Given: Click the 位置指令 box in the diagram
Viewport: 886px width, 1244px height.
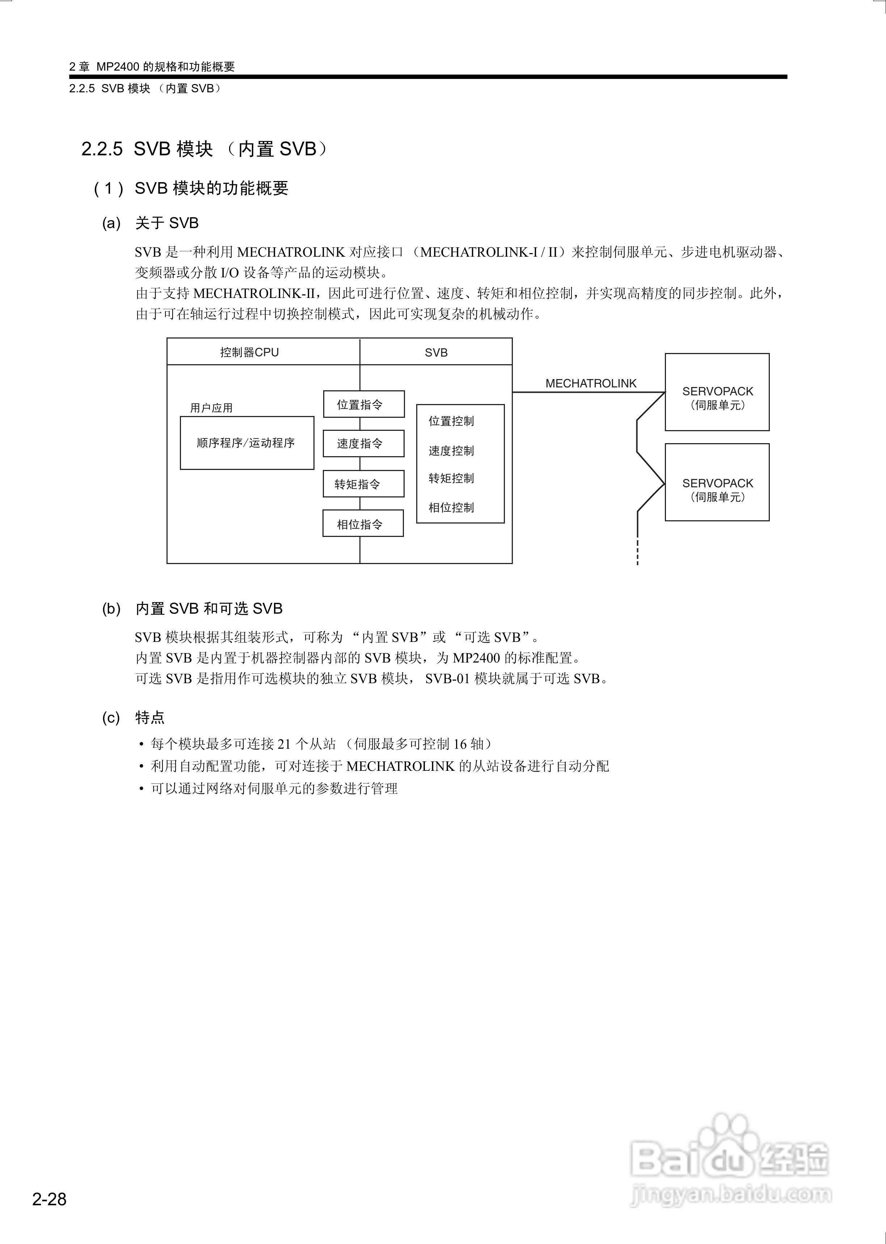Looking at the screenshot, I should tap(363, 404).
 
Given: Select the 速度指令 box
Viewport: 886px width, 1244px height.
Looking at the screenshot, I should tap(363, 444).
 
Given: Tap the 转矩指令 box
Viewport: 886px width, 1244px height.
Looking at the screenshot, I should tap(363, 484).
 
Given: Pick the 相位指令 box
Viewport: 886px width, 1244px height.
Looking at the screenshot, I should tap(363, 524).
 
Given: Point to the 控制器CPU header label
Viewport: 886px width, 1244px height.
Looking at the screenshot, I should tap(249, 353).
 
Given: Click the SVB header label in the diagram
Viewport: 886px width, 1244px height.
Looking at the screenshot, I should tap(436, 353).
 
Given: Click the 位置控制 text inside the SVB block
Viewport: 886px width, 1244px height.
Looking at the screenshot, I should tap(451, 421).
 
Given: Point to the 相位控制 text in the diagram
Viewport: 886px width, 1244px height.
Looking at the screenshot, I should tap(451, 508).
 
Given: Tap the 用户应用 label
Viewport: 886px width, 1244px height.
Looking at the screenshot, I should tap(211, 408).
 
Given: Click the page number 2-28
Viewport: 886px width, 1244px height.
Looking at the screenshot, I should tap(49, 1199).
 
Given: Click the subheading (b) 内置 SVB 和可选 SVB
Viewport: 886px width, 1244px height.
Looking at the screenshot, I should tap(192, 608).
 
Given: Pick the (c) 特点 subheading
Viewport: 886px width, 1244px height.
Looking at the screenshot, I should tap(134, 718).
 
